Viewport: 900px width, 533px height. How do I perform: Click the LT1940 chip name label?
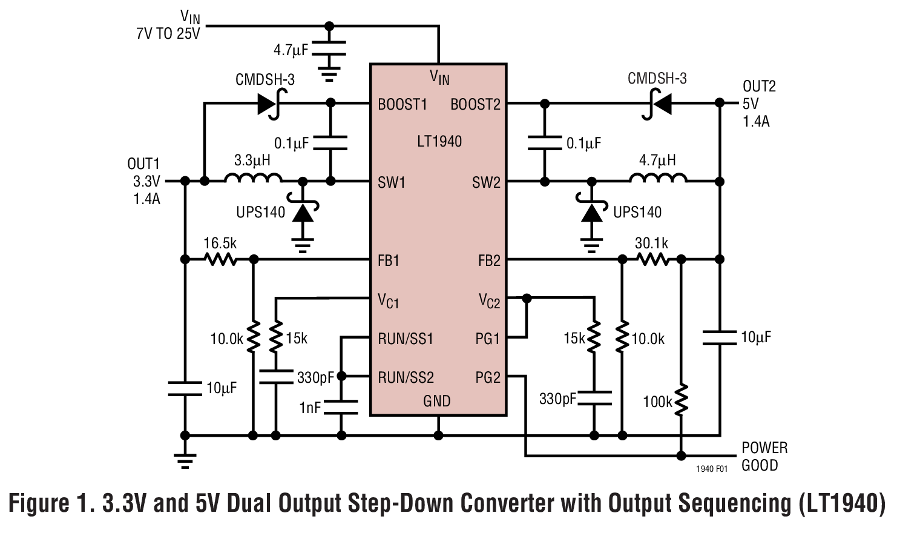pyautogui.click(x=439, y=142)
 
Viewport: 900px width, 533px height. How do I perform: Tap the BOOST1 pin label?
pyautogui.click(x=402, y=105)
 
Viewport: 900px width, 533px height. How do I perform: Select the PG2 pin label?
pyautogui.click(x=488, y=378)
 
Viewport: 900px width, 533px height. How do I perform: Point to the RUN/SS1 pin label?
pyautogui.click(x=406, y=339)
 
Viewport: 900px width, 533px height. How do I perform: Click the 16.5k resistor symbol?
pyautogui.click(x=220, y=259)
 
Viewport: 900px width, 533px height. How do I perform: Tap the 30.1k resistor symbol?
pyautogui.click(x=652, y=259)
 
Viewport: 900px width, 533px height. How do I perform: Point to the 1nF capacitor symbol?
pyautogui.click(x=341, y=407)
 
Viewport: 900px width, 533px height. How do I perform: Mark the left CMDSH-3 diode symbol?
pyautogui.click(x=269, y=104)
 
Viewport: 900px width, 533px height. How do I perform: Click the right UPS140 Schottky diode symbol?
pyautogui.click(x=591, y=212)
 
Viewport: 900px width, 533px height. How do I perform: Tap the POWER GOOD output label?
pyautogui.click(x=764, y=457)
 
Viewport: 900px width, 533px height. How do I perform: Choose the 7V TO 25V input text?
pyautogui.click(x=168, y=34)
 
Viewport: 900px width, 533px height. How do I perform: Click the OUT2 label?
pyautogui.click(x=759, y=87)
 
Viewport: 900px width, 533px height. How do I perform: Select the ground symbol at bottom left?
pyautogui.click(x=185, y=461)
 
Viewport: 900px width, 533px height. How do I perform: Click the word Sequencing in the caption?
pyautogui.click(x=698, y=504)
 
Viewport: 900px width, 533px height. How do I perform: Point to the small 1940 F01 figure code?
pyautogui.click(x=712, y=469)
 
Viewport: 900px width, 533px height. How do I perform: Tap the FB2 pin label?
pyautogui.click(x=489, y=260)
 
